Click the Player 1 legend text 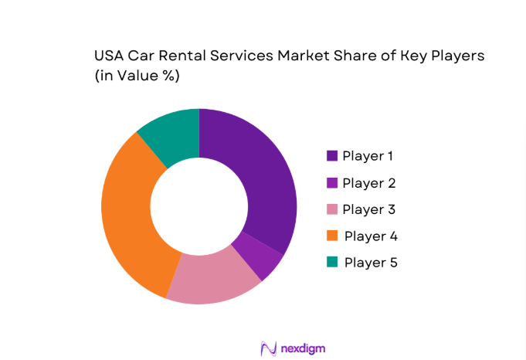pyautogui.click(x=368, y=156)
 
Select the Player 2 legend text pyautogui.click(x=368, y=183)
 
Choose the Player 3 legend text pyautogui.click(x=368, y=209)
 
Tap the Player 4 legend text pyautogui.click(x=371, y=236)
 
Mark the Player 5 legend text pyautogui.click(x=371, y=262)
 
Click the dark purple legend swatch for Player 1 pyautogui.click(x=332, y=156)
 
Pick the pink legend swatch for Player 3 pyautogui.click(x=332, y=209)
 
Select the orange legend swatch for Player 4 pyautogui.click(x=332, y=236)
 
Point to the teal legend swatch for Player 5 pyautogui.click(x=332, y=262)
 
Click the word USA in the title pyautogui.click(x=110, y=56)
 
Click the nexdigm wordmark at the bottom pyautogui.click(x=304, y=348)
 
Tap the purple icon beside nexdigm pyautogui.click(x=269, y=348)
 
